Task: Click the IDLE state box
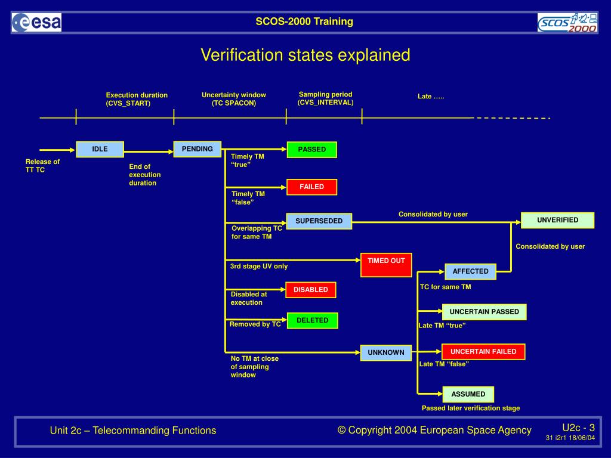100,149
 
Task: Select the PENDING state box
197,149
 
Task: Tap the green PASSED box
311,150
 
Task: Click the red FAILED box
311,187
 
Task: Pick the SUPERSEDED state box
319,221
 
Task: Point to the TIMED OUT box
386,265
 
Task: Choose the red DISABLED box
310,290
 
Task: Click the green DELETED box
312,321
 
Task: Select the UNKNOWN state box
385,352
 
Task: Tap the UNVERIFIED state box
557,220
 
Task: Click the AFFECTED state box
470,271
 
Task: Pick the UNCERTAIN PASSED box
484,312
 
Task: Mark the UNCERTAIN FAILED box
483,352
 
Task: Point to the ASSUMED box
468,394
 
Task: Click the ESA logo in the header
36,23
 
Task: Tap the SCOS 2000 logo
567,23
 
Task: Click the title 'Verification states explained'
305,55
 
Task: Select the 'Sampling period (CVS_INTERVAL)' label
325,98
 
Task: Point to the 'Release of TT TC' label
42,166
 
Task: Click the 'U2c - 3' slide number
578,428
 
